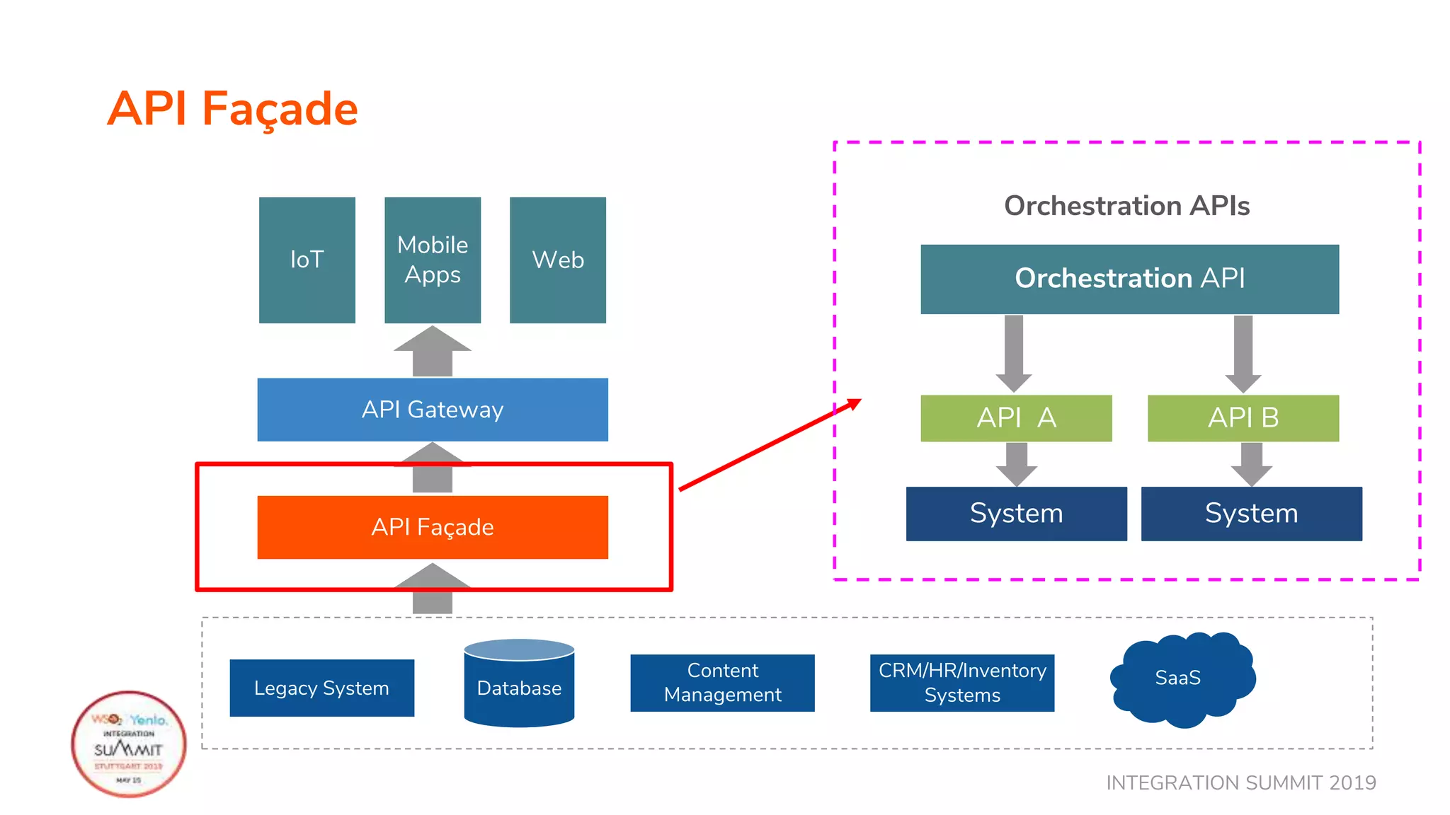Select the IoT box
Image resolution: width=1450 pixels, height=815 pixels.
307,260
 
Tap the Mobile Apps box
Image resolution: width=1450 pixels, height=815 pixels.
432,260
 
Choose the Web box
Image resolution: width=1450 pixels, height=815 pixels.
557,260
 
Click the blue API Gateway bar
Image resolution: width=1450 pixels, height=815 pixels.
432,410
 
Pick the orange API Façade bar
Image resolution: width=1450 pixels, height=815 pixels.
432,527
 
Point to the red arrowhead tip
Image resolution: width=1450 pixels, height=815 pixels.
859,400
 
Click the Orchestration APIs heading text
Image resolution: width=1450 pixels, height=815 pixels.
1126,206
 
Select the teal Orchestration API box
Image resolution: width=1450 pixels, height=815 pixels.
1129,279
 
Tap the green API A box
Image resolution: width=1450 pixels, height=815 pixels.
1016,418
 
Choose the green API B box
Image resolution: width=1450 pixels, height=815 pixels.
1243,418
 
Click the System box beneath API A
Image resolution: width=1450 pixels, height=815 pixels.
1016,514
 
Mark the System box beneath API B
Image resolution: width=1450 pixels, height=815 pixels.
1251,514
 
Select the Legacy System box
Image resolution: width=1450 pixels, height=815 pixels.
321,688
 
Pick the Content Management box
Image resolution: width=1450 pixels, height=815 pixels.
722,683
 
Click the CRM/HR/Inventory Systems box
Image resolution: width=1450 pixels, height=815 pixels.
961,683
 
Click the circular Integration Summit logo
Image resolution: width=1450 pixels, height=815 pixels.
129,744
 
